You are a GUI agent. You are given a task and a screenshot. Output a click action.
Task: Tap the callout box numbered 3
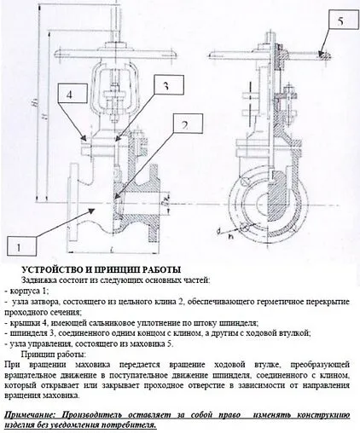(x=167, y=86)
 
